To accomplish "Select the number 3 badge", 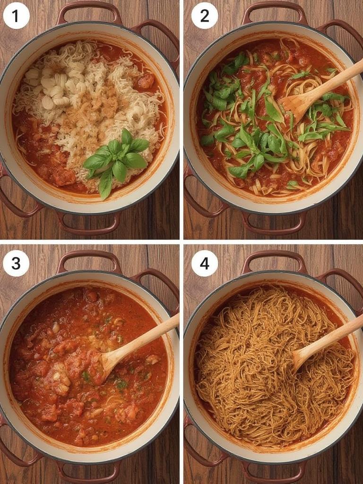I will pos(16,263).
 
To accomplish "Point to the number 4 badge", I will pos(205,263).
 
